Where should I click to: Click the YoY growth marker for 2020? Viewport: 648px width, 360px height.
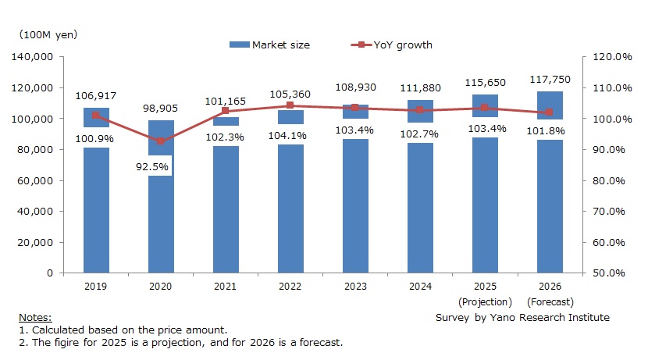point(161,141)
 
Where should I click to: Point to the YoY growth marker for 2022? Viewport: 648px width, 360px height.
point(290,105)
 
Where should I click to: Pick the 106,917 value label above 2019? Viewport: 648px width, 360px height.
point(96,95)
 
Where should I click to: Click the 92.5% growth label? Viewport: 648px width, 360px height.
point(161,166)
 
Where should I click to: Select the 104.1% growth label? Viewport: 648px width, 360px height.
point(290,135)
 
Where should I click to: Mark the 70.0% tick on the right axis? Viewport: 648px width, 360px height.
point(613,212)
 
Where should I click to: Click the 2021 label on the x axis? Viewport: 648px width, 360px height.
point(226,287)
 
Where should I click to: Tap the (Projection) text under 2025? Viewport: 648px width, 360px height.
point(485,301)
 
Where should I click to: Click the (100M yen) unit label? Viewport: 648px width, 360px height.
point(49,35)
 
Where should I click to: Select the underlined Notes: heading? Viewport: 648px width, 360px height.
point(35,318)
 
